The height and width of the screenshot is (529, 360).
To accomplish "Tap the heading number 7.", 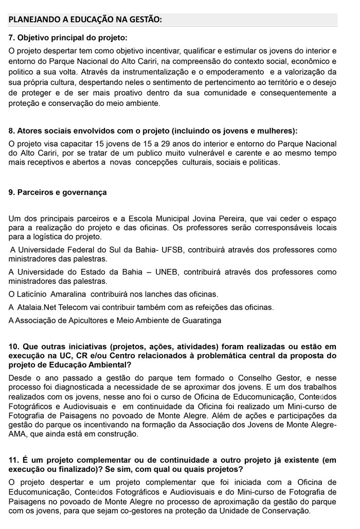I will [x=12, y=38].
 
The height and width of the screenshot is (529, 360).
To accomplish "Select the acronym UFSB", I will [x=172, y=250].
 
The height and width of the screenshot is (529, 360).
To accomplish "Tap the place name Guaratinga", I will [x=198, y=320].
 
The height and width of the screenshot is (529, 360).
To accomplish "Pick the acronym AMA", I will [x=17, y=434].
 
